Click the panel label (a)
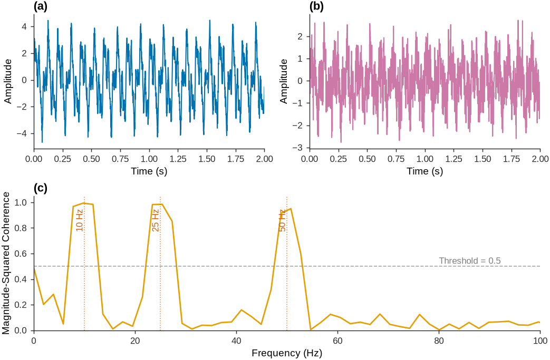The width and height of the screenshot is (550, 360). pos(41,6)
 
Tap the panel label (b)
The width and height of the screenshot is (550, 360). pos(317,6)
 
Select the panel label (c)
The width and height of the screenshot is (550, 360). pos(40,188)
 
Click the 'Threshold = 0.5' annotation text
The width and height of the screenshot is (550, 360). pos(470,261)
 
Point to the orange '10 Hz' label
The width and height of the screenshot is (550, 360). pos(80,220)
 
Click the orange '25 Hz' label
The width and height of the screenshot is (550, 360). pos(156,220)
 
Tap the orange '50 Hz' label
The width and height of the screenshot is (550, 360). pos(282,220)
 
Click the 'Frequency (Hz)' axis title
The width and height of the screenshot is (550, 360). pos(287,353)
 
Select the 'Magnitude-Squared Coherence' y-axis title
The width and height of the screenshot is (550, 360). pos(6,264)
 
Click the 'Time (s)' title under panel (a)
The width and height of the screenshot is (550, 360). pos(149,171)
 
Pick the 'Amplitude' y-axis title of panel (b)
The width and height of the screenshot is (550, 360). pos(283,81)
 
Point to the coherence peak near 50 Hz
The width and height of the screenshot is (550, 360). pos(291,209)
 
